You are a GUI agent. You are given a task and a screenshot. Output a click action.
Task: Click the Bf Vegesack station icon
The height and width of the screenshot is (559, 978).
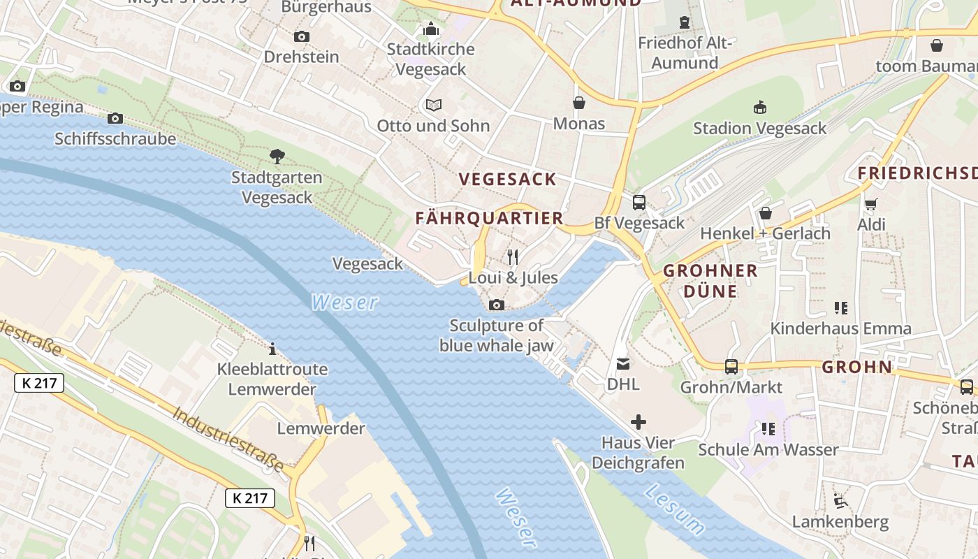click(639, 203)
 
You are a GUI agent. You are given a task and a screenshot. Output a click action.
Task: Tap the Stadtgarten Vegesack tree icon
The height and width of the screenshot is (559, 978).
click(277, 156)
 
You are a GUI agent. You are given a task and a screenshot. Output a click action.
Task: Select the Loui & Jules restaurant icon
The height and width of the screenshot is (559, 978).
click(513, 256)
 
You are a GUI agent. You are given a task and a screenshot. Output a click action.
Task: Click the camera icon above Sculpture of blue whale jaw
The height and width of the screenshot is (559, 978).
click(497, 305)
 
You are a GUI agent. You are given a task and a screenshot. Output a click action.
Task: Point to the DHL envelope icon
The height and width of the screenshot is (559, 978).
click(622, 363)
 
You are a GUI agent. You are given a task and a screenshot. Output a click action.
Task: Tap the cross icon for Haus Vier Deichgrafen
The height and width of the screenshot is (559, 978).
click(638, 422)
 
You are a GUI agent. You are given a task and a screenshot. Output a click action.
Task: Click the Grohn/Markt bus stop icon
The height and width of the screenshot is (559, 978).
click(731, 366)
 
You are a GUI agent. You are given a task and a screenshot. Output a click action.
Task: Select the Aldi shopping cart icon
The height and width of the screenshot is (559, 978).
click(870, 204)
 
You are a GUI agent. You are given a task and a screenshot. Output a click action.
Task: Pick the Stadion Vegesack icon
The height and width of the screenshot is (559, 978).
click(759, 107)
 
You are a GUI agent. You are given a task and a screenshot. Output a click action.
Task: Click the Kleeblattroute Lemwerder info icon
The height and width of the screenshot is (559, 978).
click(272, 348)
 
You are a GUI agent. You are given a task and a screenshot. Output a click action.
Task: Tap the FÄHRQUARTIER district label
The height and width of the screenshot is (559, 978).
click(489, 218)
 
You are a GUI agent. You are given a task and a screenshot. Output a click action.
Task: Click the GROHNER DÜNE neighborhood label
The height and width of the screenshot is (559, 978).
click(710, 281)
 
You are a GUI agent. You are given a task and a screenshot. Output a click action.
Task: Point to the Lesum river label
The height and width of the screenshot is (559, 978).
click(675, 509)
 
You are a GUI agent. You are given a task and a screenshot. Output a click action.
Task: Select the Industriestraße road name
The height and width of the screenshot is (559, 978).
click(229, 440)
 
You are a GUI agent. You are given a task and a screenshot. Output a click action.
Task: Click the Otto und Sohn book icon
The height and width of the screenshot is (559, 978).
click(434, 105)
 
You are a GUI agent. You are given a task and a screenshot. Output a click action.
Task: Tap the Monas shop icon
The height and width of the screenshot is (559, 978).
click(578, 103)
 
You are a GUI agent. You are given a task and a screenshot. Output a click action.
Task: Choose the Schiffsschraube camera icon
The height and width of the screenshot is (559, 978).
click(115, 118)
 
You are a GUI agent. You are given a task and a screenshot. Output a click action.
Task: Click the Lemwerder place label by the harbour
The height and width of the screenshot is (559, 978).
click(321, 428)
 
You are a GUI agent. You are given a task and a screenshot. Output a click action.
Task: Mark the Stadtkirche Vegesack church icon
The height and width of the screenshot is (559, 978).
click(431, 29)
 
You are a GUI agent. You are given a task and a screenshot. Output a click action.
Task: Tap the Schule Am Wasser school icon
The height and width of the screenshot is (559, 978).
click(768, 428)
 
